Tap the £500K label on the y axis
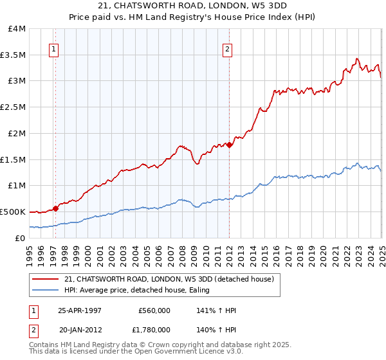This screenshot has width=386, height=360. pyautogui.click(x=13, y=212)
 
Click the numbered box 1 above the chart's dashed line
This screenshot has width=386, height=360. pyautogui.click(x=53, y=48)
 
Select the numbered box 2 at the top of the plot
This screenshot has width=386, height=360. pyautogui.click(x=227, y=48)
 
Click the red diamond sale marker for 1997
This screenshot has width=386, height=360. pyautogui.click(x=56, y=208)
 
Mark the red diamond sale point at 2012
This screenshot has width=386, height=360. pyautogui.click(x=230, y=145)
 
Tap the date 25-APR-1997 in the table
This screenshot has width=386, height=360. pyautogui.click(x=80, y=310)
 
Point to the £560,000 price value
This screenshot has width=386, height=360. pyautogui.click(x=154, y=310)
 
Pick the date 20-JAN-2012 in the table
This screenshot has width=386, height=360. pyautogui.click(x=80, y=330)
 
